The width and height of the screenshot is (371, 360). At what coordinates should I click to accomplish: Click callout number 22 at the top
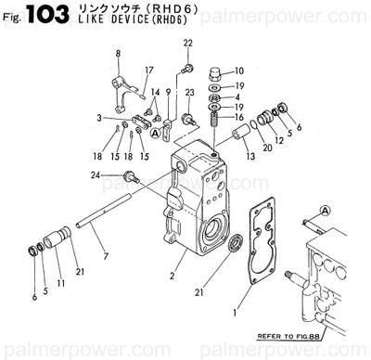tap(187, 44)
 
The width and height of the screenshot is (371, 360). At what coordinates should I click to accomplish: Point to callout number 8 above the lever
tap(118, 55)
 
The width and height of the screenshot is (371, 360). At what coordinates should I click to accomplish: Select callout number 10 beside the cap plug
tap(238, 71)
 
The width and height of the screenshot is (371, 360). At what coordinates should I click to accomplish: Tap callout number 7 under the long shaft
tap(105, 255)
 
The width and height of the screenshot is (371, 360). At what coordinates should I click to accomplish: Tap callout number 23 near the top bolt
tap(189, 93)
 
